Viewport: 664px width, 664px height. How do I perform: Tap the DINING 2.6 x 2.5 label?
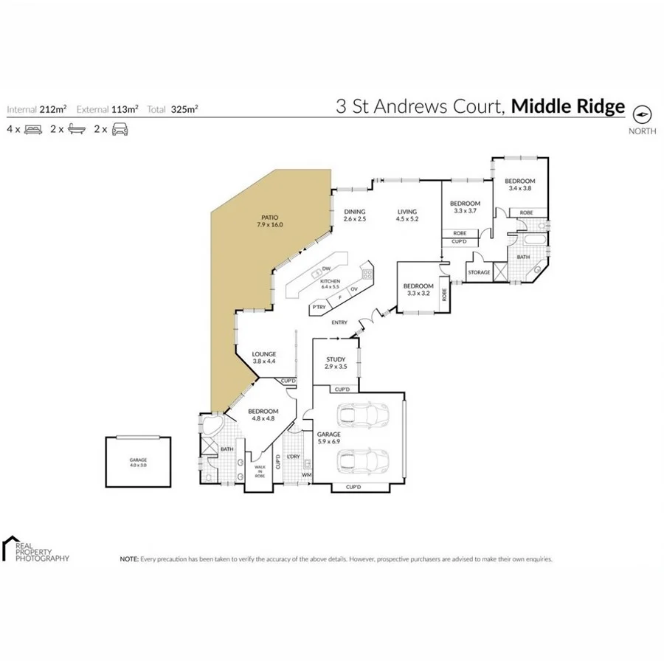(x=355, y=215)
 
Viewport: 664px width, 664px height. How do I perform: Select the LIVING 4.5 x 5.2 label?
(x=407, y=215)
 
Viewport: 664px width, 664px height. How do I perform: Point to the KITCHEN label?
(x=330, y=283)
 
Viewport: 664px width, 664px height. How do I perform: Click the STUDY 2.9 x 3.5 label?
(x=336, y=363)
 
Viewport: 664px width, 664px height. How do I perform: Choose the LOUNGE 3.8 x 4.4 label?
(x=263, y=358)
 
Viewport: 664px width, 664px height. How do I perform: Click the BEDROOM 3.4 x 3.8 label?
(x=519, y=184)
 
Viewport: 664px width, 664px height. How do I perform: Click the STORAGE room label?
(x=479, y=272)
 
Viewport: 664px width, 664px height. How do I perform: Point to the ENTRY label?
(x=339, y=322)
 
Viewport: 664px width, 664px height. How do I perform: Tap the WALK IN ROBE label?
(x=260, y=471)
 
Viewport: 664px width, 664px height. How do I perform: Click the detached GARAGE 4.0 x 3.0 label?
(x=139, y=463)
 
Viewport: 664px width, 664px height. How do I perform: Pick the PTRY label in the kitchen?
(x=319, y=306)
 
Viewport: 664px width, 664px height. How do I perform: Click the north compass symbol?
(x=642, y=114)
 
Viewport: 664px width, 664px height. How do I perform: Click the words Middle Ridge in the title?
(x=568, y=107)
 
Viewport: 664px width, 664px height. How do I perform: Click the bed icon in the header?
(x=32, y=129)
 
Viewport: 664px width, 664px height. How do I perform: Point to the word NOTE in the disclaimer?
(x=129, y=560)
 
